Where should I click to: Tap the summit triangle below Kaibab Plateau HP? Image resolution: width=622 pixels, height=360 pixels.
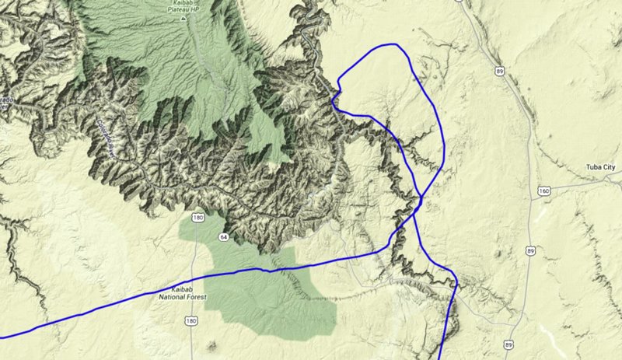pyautogui.click(x=184, y=19)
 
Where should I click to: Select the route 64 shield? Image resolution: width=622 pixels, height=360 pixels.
pyautogui.click(x=223, y=236)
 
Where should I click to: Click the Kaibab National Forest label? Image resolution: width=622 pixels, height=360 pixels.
pyautogui.click(x=178, y=293)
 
